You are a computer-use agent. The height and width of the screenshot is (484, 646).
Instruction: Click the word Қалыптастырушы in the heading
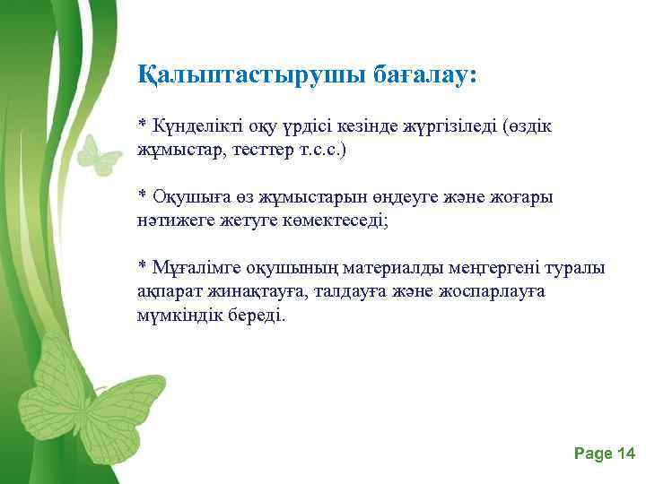tap(249, 75)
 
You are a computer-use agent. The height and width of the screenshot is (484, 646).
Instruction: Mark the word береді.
tap(255, 315)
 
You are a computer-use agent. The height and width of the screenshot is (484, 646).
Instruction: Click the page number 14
tap(625, 454)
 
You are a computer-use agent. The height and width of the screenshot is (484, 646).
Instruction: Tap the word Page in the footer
tap(591, 454)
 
